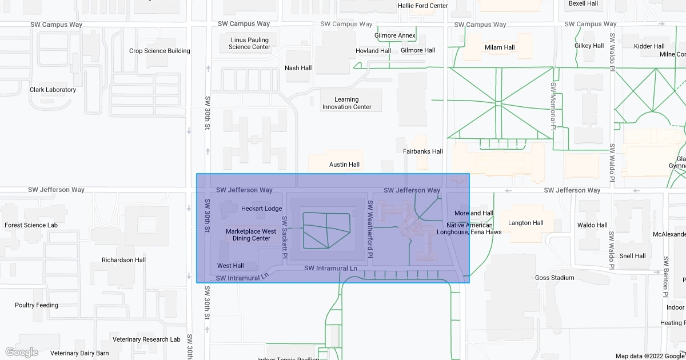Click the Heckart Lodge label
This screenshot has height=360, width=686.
261,209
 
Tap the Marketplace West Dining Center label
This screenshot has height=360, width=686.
251,235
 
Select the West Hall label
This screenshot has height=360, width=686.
230,266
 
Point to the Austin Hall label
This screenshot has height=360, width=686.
344,165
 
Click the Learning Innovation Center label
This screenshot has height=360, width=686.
346,103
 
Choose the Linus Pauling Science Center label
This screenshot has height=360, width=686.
249,43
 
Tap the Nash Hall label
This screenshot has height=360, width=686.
298,68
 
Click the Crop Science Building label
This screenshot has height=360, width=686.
159,51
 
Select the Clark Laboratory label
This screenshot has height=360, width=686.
53,90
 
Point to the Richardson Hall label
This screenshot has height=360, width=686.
123,260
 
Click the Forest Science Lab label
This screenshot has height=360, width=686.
31,225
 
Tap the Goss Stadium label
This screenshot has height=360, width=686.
555,278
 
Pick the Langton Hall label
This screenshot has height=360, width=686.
526,223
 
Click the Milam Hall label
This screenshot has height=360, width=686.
500,47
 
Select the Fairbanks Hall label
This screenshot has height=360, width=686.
423,151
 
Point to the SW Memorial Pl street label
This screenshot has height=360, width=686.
553,106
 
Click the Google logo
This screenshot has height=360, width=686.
21,352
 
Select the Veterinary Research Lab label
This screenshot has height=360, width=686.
146,339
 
